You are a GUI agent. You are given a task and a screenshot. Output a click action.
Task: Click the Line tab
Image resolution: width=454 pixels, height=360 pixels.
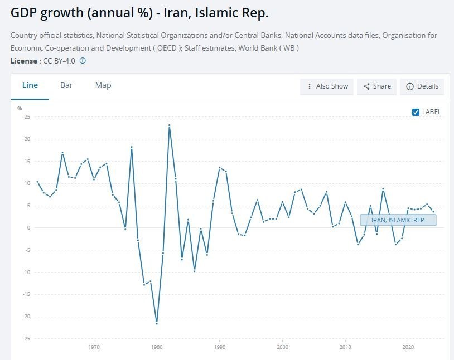coord(30,85)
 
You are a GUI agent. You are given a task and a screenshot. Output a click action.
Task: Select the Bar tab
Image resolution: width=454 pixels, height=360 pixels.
coord(66,85)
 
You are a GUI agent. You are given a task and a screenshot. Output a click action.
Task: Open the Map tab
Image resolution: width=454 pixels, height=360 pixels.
coord(103,85)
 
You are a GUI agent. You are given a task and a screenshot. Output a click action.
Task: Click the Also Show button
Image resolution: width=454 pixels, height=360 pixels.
coord(327,86)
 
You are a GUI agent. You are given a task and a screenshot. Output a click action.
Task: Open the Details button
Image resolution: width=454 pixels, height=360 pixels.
coord(422,86)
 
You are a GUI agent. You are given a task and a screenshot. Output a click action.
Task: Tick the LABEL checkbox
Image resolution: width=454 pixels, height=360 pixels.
coord(416,112)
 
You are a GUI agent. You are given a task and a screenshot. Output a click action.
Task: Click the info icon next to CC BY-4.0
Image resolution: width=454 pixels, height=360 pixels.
coord(83,61)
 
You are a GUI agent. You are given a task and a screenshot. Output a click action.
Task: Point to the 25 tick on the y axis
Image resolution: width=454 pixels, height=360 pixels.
coord(27,117)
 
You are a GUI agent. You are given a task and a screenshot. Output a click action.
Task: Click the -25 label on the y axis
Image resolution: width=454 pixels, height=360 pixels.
coord(26,339)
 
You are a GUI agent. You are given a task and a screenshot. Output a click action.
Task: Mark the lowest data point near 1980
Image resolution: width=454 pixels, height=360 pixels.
coord(157,323)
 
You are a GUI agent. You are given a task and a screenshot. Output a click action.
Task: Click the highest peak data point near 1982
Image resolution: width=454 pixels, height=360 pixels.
coord(169,125)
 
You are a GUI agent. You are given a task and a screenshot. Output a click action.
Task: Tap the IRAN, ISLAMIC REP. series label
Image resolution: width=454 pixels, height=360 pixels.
coord(398,220)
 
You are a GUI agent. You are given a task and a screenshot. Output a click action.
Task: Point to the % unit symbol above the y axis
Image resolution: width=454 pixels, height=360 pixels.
coord(20,108)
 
